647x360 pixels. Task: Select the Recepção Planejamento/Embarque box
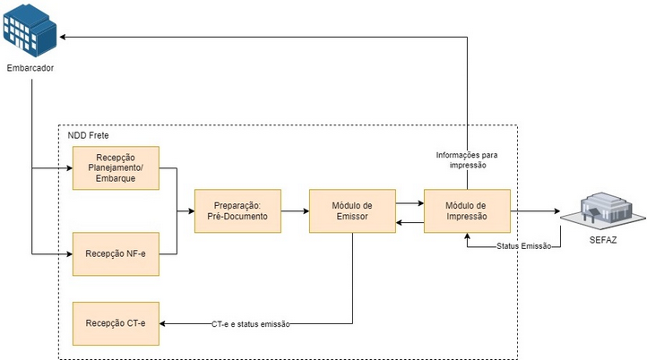click(x=115, y=168)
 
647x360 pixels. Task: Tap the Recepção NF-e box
click(x=115, y=254)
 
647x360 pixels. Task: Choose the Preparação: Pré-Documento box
click(x=237, y=211)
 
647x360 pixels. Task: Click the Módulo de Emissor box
click(x=352, y=211)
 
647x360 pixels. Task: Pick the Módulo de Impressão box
click(x=467, y=211)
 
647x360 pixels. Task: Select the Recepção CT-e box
click(x=115, y=323)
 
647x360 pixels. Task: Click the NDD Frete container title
click(x=90, y=135)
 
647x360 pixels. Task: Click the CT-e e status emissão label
click(x=251, y=323)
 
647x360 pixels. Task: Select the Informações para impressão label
click(x=467, y=159)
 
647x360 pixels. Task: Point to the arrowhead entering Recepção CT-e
click(x=163, y=323)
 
